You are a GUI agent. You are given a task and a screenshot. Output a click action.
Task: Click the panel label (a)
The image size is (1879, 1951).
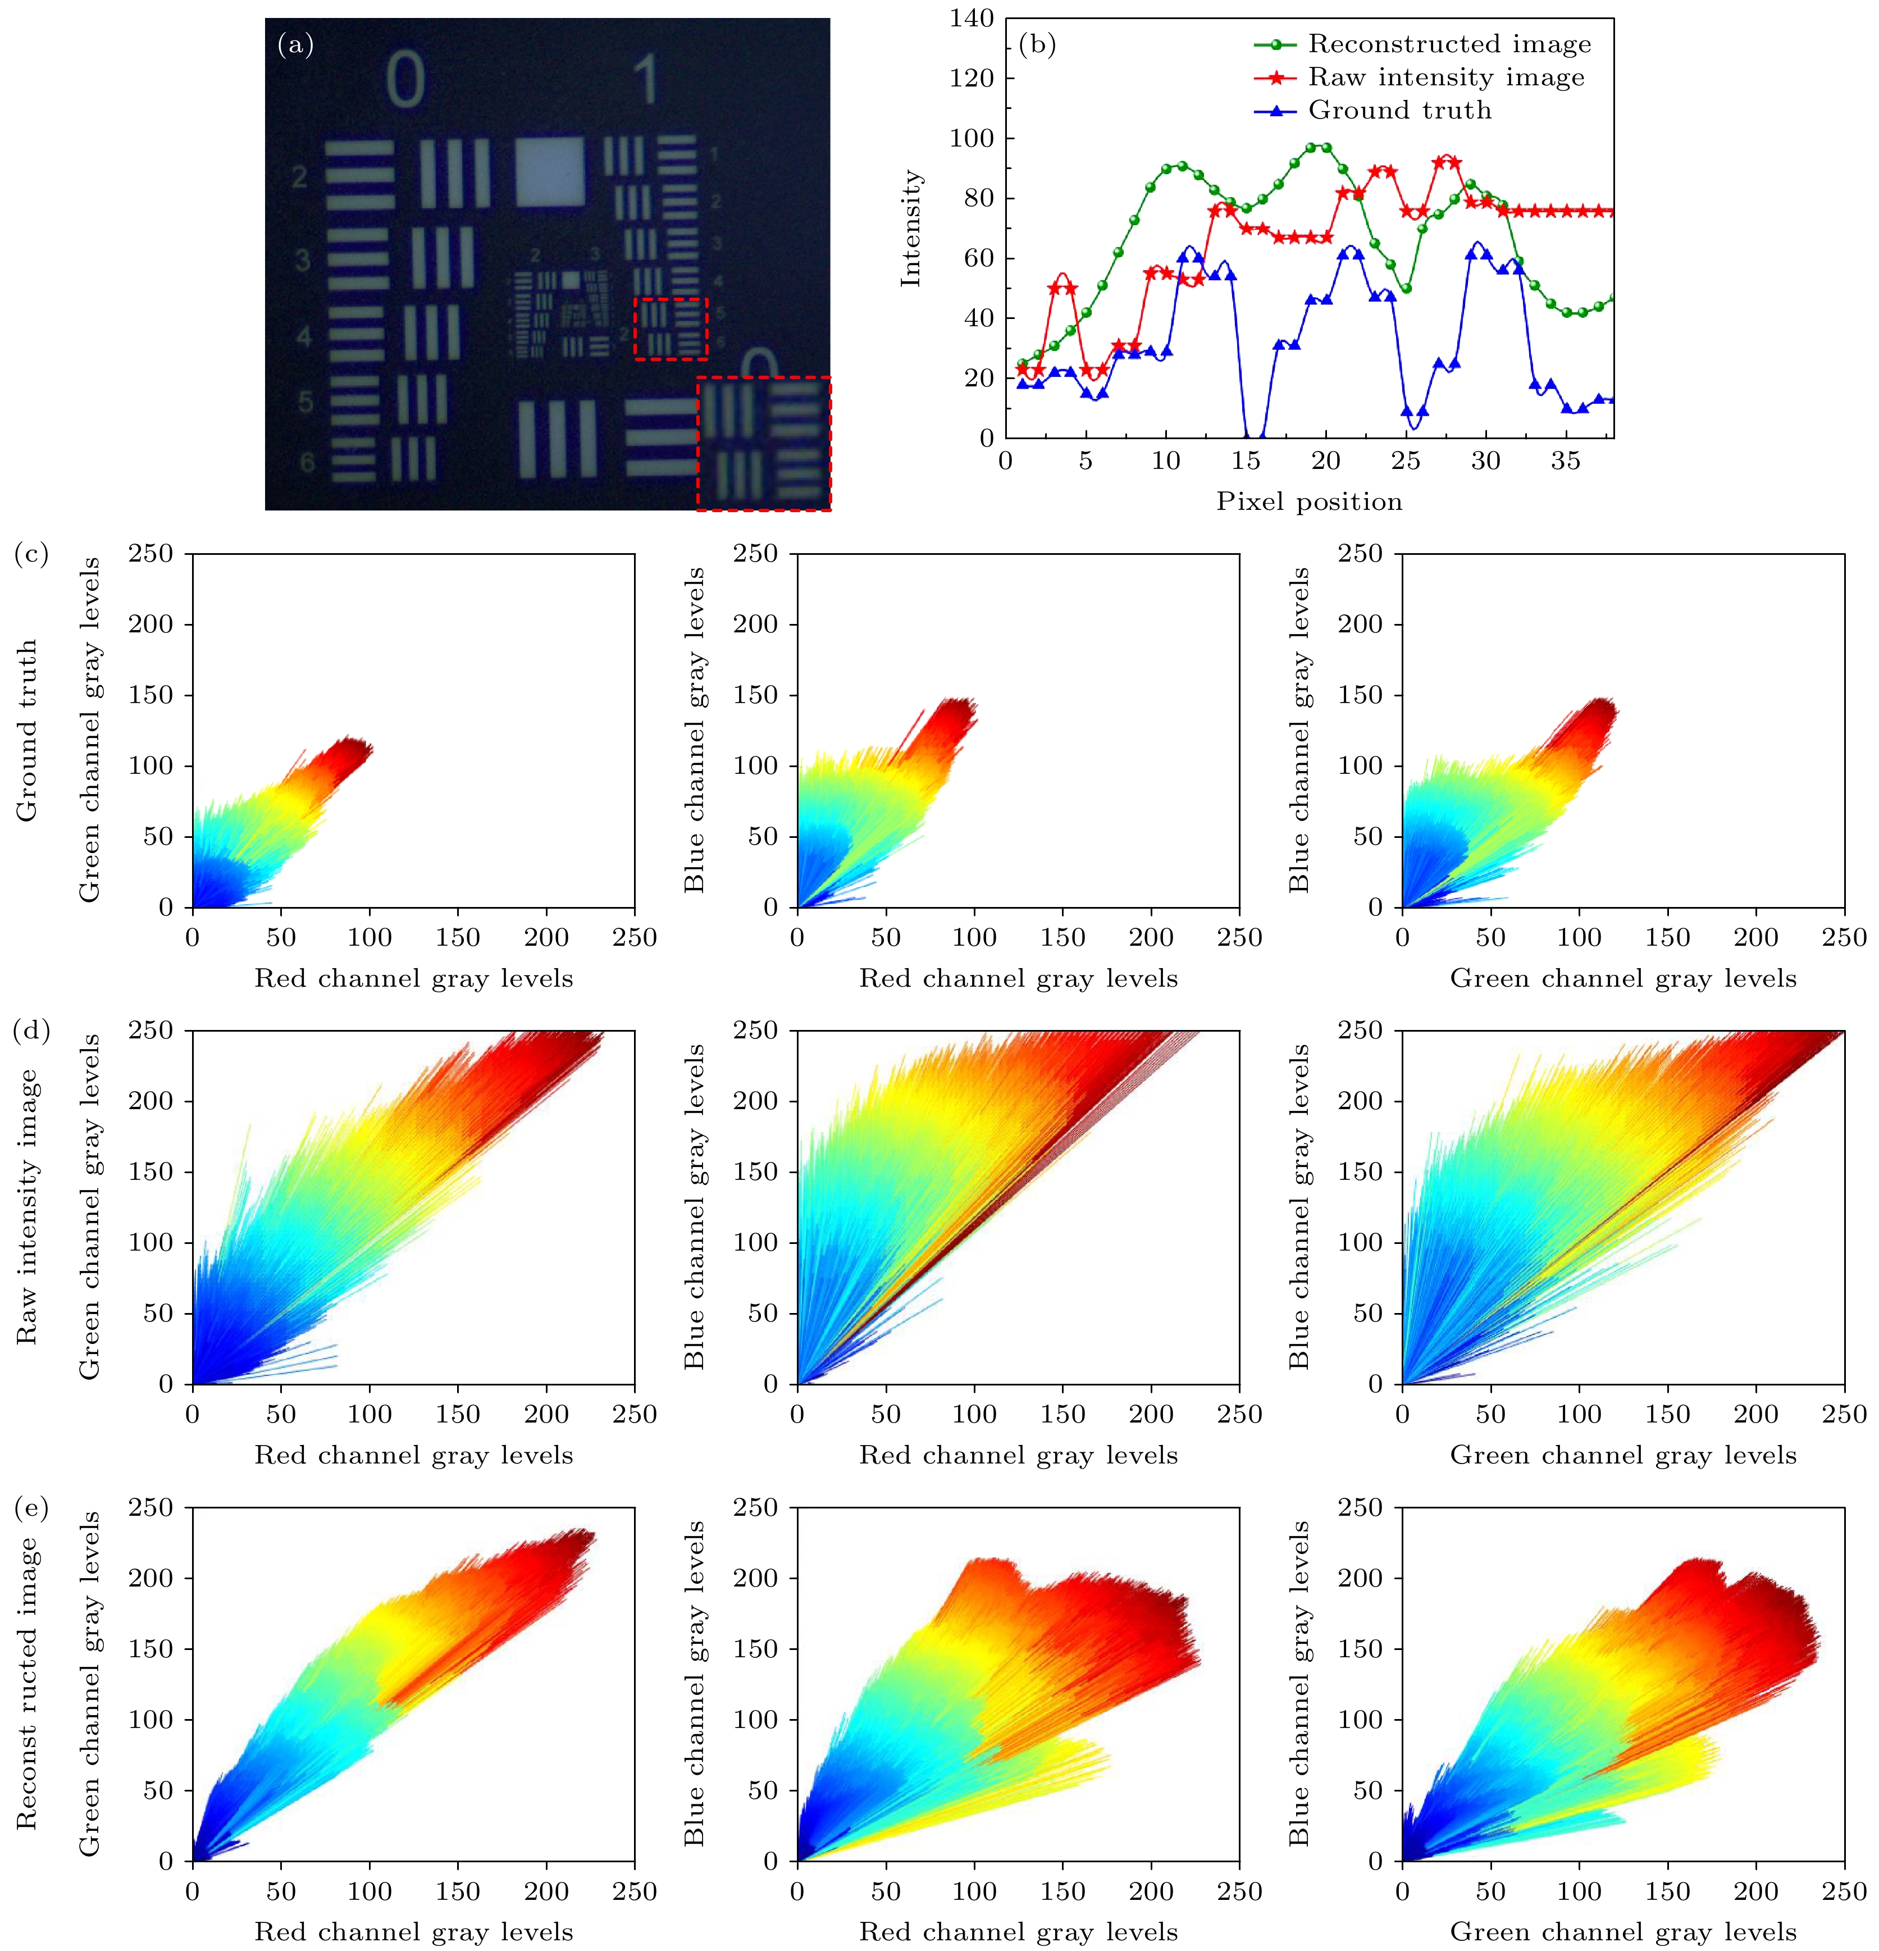point(295,45)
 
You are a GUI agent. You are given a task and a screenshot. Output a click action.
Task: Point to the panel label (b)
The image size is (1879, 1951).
point(1037,45)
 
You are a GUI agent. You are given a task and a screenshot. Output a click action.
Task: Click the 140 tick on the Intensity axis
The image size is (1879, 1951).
point(972,18)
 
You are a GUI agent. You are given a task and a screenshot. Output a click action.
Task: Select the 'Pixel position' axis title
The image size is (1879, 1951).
point(1309,502)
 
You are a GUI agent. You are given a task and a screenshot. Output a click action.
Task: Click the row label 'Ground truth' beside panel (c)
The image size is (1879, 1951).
point(27,730)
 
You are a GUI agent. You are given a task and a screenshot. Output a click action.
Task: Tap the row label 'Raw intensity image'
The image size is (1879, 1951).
point(27,1206)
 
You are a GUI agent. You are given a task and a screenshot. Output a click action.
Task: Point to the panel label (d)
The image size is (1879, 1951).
point(31,1030)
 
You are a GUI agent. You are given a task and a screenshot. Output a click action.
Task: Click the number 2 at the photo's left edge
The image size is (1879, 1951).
point(299,177)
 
